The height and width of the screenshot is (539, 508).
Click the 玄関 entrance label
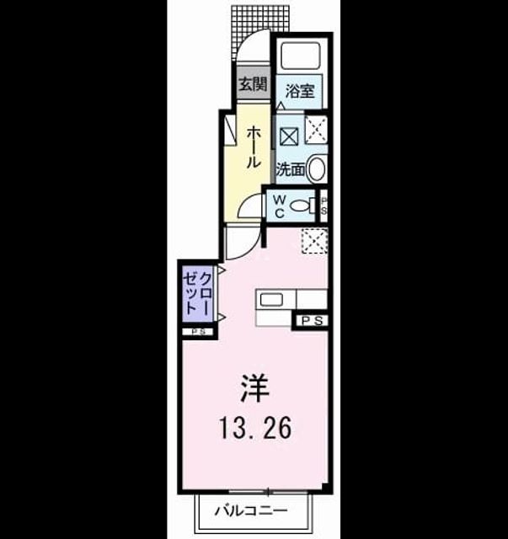point(253,84)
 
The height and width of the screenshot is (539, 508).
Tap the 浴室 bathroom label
point(300,92)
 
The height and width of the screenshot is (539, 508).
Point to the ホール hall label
point(253,147)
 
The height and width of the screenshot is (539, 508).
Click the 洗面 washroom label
point(291,169)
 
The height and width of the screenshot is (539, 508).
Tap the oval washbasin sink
point(316,168)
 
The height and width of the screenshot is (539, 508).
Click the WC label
point(280,206)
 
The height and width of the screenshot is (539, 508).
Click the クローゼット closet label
point(197,294)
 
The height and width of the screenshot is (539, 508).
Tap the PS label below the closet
point(198,332)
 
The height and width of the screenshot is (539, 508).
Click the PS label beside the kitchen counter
point(313,321)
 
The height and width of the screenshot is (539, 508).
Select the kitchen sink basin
point(272,300)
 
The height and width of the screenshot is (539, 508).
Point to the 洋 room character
point(255,388)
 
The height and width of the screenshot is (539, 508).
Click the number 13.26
point(255,428)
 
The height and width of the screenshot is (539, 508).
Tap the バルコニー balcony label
point(251,510)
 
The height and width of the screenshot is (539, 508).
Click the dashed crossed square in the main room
point(314,241)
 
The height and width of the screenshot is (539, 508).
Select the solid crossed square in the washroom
point(289,136)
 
